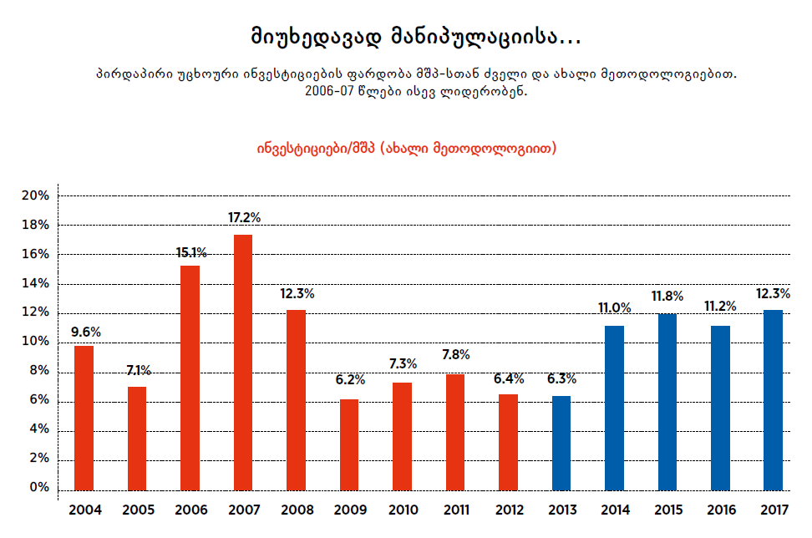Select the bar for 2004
click(x=84, y=417)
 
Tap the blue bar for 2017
click(x=774, y=399)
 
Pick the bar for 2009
click(x=349, y=444)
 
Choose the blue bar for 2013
click(x=561, y=442)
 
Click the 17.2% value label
click(x=244, y=217)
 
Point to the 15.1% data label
click(x=191, y=251)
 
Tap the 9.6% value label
click(x=85, y=332)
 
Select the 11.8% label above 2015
click(x=667, y=296)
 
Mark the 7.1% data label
click(x=138, y=370)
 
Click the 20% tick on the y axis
click(x=35, y=195)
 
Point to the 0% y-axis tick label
click(x=38, y=488)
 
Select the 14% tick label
click(x=35, y=283)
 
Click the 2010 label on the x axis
click(x=403, y=510)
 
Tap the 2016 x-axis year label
click(x=720, y=510)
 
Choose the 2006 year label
click(x=190, y=510)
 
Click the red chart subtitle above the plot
click(x=406, y=148)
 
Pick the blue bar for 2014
click(x=614, y=407)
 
